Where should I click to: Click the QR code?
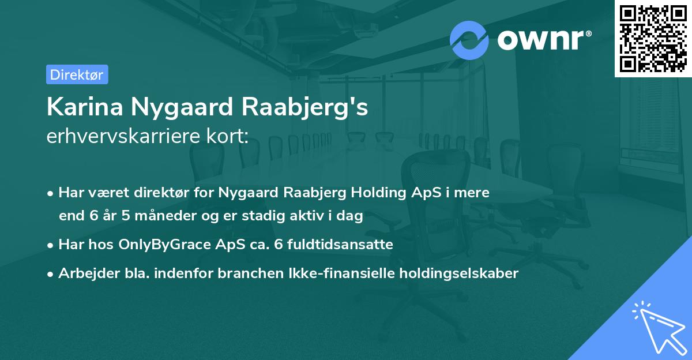click(653, 38)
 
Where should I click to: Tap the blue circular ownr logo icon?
click(469, 40)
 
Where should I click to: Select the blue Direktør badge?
click(77, 74)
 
